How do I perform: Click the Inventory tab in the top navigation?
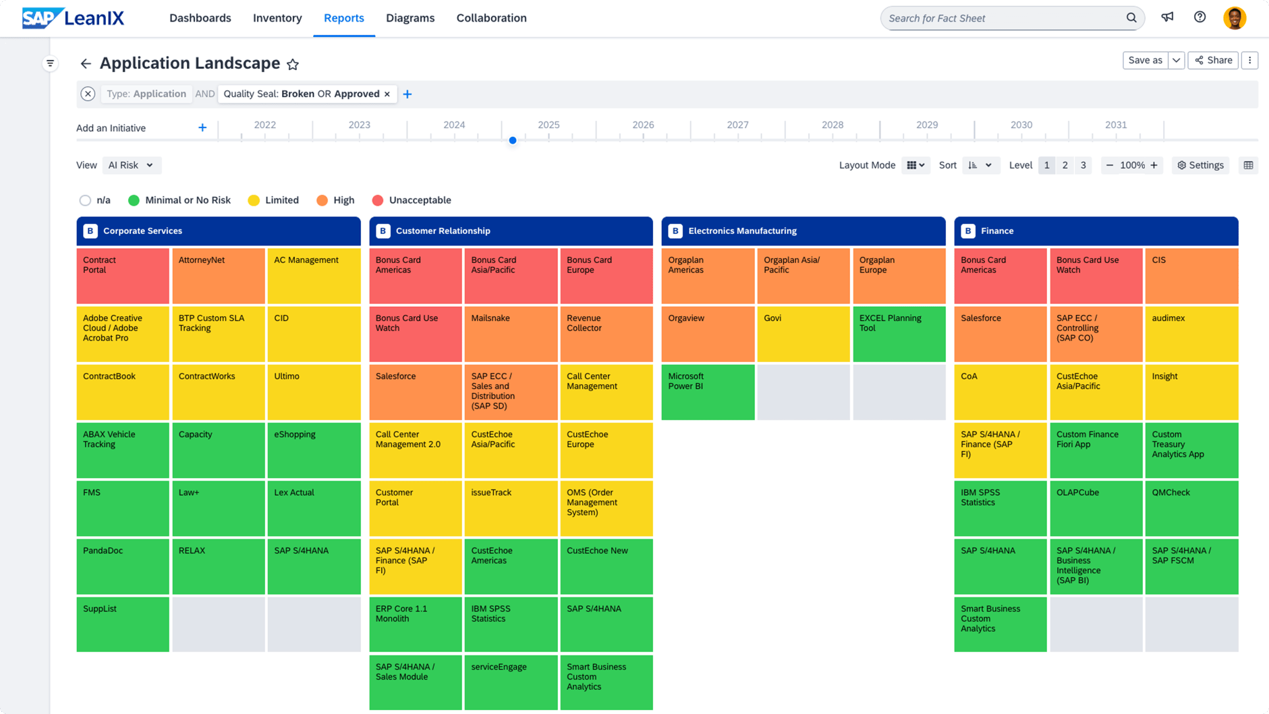click(x=277, y=18)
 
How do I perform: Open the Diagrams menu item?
click(x=410, y=18)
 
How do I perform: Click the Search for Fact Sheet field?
click(x=1005, y=18)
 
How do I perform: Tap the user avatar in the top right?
click(x=1234, y=18)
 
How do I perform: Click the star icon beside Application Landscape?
click(x=293, y=65)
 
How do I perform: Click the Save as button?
click(x=1145, y=60)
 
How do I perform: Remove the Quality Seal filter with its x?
click(x=387, y=94)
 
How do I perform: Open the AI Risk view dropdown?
click(x=132, y=165)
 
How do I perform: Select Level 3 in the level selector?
click(x=1083, y=165)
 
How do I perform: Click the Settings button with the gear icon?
click(x=1200, y=165)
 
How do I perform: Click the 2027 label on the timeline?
click(x=737, y=125)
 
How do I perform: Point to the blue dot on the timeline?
click(x=513, y=140)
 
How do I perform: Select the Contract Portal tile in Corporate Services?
click(x=123, y=275)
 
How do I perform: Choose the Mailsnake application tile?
click(x=511, y=333)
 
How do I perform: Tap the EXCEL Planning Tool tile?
click(x=899, y=333)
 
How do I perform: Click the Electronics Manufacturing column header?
click(x=803, y=231)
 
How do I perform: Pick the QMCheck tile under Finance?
click(x=1191, y=508)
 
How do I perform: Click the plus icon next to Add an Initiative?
click(x=202, y=128)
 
